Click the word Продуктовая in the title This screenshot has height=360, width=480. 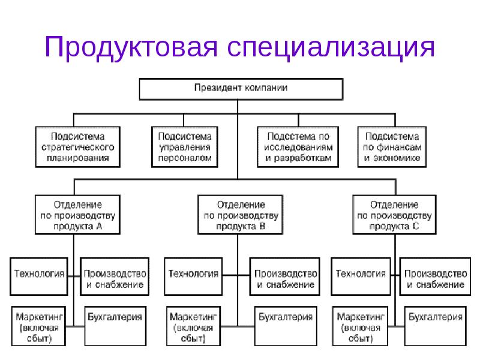click(x=131, y=47)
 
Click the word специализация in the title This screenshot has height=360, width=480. click(x=331, y=47)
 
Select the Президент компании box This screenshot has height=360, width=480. click(x=241, y=89)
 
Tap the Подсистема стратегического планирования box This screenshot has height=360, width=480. click(x=78, y=147)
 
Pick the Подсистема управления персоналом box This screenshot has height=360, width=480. click(x=185, y=147)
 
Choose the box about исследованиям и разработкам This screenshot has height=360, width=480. click(x=298, y=147)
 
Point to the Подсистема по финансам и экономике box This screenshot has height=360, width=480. click(x=392, y=147)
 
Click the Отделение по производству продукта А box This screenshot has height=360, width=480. click(x=77, y=215)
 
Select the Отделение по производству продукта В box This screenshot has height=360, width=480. click(x=241, y=215)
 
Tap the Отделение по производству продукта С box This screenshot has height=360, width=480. click(x=394, y=215)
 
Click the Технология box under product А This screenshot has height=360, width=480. click(x=39, y=277)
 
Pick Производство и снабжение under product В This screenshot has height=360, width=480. click(x=284, y=277)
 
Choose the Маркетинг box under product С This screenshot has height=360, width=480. click(x=360, y=326)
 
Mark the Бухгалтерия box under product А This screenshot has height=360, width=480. click(x=115, y=326)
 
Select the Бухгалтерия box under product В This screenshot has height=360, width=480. click(x=286, y=326)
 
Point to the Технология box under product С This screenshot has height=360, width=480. click(x=361, y=277)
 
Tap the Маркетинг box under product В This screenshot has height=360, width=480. click(x=193, y=326)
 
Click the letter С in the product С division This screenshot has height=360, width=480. click(x=415, y=227)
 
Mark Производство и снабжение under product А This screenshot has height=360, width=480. click(x=115, y=277)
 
